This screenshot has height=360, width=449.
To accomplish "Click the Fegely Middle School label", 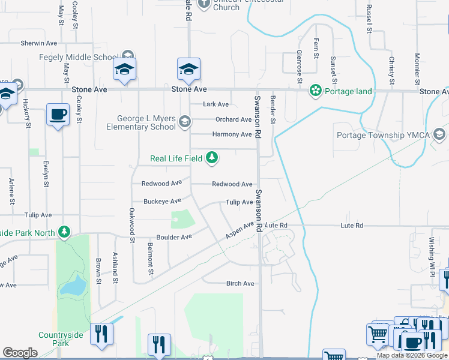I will [78, 57].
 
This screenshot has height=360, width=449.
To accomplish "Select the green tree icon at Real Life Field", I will [211, 158].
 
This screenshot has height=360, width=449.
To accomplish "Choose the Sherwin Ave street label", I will [39, 43].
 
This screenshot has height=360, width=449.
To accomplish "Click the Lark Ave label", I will [216, 104].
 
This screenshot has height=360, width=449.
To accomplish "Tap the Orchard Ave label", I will [234, 119].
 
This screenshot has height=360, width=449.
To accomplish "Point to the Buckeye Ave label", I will [162, 201].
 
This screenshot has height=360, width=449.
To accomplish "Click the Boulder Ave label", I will [174, 237].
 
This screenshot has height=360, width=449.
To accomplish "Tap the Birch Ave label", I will [240, 283].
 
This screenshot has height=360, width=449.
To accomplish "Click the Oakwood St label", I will [131, 226].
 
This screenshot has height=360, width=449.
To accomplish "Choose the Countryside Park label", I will [53, 339].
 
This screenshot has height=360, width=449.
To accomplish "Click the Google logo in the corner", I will [20, 353].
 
